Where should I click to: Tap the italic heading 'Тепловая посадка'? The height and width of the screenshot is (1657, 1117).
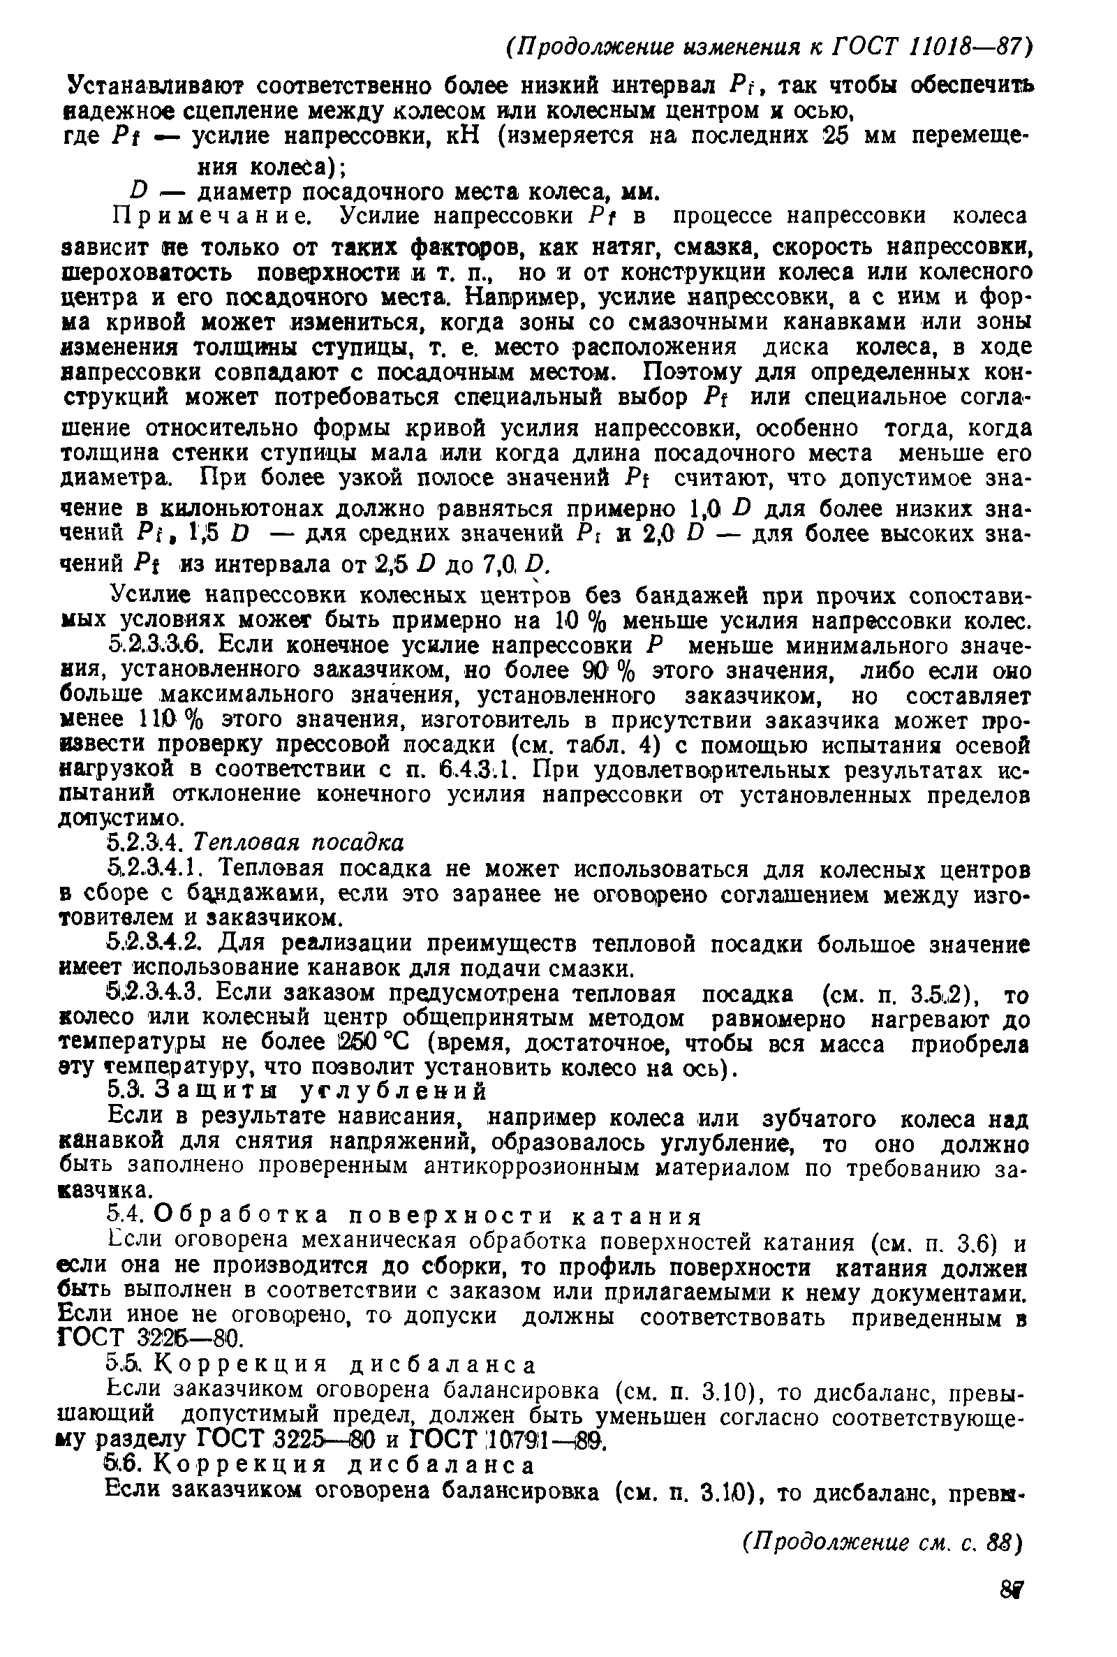(x=299, y=843)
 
